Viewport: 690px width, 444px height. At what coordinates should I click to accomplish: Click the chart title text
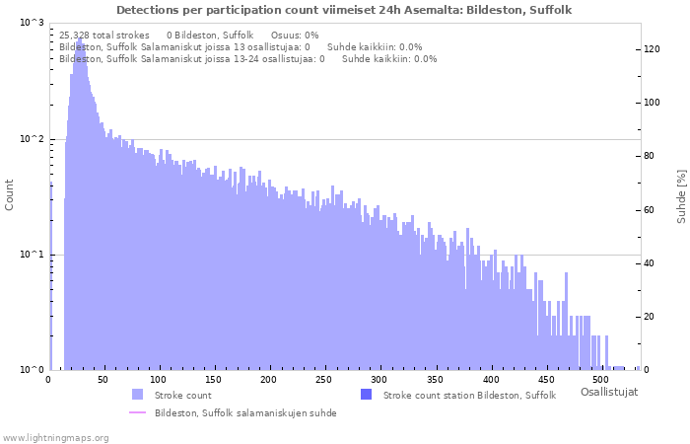[344, 10]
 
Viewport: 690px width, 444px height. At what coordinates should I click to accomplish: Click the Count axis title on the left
[10, 194]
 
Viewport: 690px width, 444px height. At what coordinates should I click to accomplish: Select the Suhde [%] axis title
[680, 194]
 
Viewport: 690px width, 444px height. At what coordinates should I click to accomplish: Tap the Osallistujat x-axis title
[608, 392]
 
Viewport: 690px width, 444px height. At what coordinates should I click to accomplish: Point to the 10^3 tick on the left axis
[32, 23]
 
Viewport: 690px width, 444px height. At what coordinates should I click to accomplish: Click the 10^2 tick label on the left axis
[32, 139]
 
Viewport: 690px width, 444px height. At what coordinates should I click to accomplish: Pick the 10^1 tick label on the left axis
[32, 255]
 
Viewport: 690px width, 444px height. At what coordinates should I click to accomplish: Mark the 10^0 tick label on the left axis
[32, 371]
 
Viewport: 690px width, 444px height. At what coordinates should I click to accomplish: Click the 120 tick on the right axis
[651, 48]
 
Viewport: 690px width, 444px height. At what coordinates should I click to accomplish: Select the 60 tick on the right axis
[648, 209]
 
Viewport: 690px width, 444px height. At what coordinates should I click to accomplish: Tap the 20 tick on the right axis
[648, 317]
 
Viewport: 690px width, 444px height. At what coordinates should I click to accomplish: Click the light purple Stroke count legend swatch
[137, 395]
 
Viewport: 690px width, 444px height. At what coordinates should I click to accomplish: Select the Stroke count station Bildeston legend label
[469, 395]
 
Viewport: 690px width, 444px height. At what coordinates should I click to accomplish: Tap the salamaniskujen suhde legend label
[245, 413]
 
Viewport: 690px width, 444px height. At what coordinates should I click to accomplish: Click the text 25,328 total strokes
[104, 35]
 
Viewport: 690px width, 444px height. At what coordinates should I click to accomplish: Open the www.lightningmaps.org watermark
[55, 436]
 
